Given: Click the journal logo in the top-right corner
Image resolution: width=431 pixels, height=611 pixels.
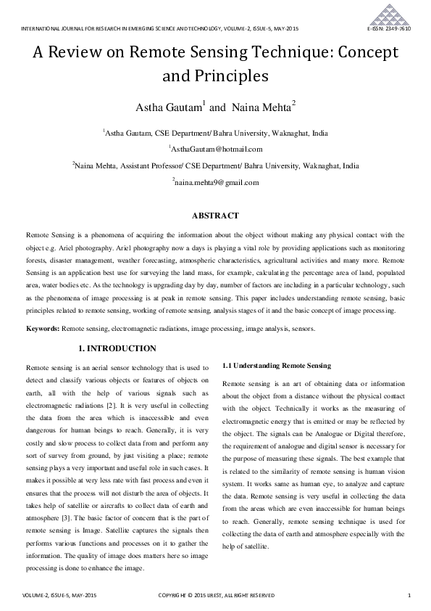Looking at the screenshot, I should pos(393,14).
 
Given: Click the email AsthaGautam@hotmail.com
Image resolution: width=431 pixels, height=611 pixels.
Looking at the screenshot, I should pos(216,149).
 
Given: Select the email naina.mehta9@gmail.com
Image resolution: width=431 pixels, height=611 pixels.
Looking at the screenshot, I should pos(217,183).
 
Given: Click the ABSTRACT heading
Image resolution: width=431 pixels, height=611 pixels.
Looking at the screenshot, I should pos(215,216).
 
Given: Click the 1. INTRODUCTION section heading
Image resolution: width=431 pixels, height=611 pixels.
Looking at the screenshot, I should pos(117,349).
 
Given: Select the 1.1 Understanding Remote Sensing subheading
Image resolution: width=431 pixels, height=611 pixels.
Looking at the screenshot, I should pos(276,366).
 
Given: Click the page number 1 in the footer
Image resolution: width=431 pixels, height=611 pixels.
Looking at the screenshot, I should pos(409,596).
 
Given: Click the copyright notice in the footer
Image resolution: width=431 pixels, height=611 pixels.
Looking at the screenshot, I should pos(216,596).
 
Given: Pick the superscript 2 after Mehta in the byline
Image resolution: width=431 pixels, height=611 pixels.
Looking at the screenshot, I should pos(293,104).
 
